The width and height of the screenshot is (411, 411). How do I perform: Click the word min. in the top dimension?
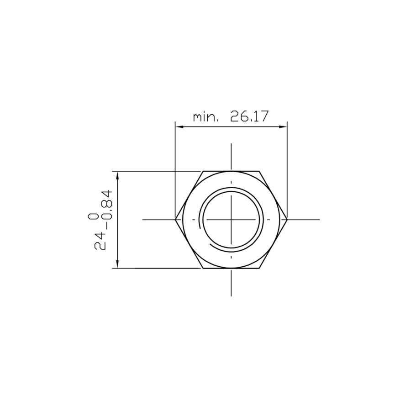[x=205, y=117]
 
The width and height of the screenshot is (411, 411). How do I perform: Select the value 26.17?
[x=249, y=116]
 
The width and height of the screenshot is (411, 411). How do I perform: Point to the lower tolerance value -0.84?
[x=106, y=211]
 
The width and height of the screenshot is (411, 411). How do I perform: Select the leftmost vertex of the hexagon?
[x=175, y=220]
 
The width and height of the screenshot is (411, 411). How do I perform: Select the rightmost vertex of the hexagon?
[x=287, y=220]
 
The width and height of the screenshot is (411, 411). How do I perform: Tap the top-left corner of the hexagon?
[x=203, y=171]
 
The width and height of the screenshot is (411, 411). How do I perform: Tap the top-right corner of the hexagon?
[x=259, y=171]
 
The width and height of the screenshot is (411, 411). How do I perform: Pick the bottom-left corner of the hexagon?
[x=203, y=269]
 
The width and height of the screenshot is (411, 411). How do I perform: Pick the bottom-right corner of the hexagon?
[x=259, y=269]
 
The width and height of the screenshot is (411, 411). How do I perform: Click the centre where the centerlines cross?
[x=232, y=220]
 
